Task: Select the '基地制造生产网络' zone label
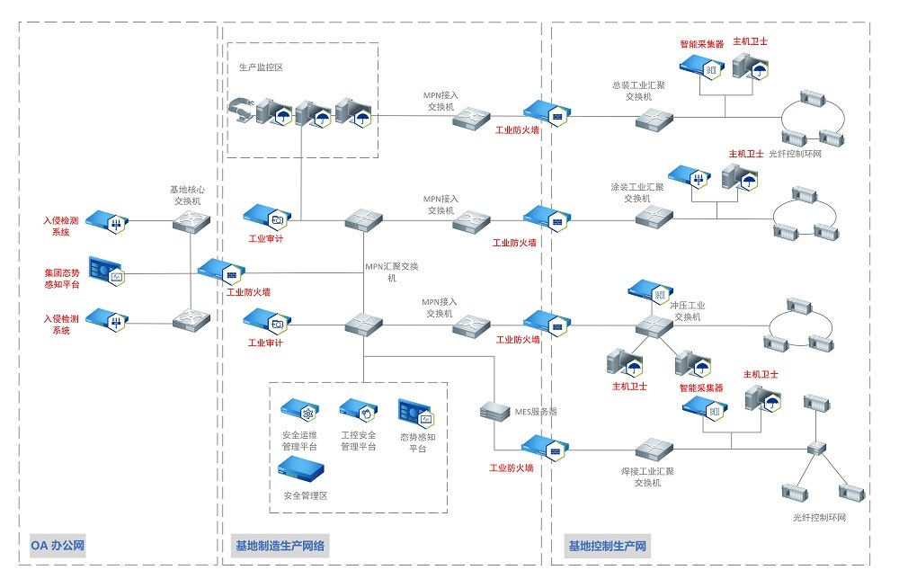[280, 545]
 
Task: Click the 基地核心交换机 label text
[187, 195]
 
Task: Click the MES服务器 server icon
[494, 412]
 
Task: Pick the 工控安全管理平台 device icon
[357, 411]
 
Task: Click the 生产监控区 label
[261, 67]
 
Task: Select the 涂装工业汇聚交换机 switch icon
[654, 217]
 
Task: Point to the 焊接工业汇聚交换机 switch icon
[654, 447]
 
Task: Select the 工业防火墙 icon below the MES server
[542, 446]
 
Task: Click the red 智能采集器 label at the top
[702, 43]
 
